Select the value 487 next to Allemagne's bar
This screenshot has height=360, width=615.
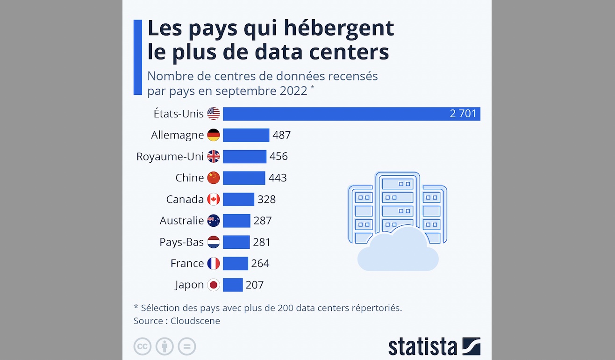click(x=282, y=135)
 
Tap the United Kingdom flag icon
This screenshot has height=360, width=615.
click(x=214, y=157)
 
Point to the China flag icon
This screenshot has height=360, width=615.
click(x=214, y=178)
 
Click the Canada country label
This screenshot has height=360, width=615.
click(x=185, y=199)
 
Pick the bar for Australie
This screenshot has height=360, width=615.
click(x=236, y=221)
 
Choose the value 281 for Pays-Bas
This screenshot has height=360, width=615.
click(x=262, y=242)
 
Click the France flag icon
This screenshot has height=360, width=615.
click(x=214, y=263)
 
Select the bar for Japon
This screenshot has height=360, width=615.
click(x=233, y=285)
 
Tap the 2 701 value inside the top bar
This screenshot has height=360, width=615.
click(x=463, y=114)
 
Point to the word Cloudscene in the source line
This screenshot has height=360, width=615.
click(x=195, y=321)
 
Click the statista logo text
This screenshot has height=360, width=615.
click(x=422, y=346)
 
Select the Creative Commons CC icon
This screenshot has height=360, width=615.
click(x=143, y=346)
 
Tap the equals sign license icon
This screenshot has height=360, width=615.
click(x=187, y=346)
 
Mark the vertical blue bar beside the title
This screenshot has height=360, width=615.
click(x=137, y=57)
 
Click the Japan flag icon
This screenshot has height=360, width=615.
click(x=214, y=285)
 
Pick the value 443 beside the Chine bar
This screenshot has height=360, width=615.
click(x=278, y=178)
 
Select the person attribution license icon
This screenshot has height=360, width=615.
click(x=164, y=346)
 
